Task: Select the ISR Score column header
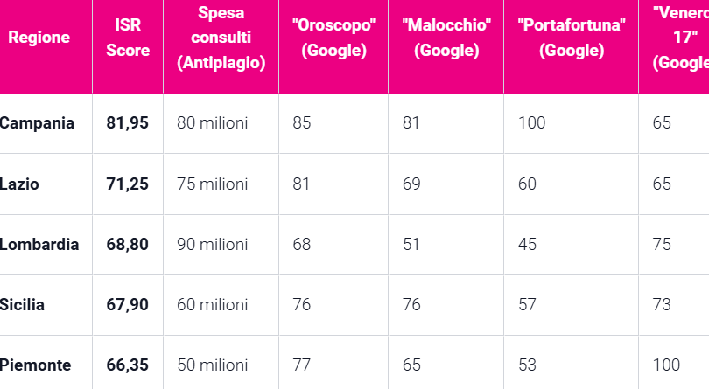click(128, 38)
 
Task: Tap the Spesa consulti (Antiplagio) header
click(221, 38)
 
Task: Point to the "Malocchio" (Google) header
click(446, 38)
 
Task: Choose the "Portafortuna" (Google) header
click(571, 38)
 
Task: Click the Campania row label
click(37, 123)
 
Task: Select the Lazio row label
click(20, 184)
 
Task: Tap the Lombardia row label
click(40, 245)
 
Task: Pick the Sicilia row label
click(23, 305)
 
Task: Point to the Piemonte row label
click(36, 365)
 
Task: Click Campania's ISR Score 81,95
click(128, 123)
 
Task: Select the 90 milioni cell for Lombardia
click(212, 245)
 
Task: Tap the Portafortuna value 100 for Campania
click(531, 123)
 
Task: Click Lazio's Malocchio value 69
click(411, 184)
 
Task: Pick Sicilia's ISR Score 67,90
click(128, 305)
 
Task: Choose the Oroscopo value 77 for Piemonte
click(302, 365)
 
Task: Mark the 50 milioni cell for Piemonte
click(212, 365)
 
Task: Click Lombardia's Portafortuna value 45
click(527, 245)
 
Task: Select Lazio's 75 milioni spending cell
click(212, 184)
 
